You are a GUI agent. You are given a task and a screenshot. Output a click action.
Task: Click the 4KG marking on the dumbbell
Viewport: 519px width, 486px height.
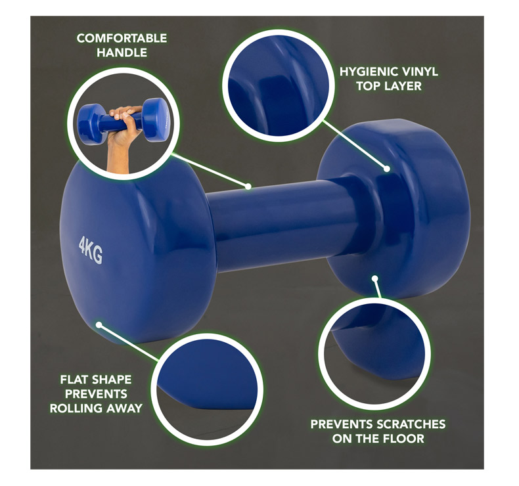(x=91, y=250)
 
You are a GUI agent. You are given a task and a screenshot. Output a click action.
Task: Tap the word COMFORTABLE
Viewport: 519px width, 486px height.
(x=122, y=38)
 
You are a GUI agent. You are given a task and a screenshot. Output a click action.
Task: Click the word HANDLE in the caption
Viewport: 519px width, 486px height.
(x=122, y=53)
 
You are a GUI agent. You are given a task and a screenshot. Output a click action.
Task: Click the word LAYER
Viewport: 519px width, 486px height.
(x=403, y=86)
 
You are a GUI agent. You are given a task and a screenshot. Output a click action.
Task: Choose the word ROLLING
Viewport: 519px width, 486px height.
(x=76, y=409)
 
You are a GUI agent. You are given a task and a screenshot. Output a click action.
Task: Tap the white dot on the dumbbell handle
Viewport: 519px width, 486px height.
(x=248, y=187)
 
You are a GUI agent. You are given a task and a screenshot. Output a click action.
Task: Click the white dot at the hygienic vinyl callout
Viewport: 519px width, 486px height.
(x=386, y=169)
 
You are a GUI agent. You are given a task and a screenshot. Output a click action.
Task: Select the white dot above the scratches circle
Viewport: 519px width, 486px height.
(x=374, y=278)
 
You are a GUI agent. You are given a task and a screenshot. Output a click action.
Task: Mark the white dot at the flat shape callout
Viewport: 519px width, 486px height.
(x=99, y=325)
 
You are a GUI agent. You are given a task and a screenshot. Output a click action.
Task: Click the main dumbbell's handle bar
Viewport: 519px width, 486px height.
(x=284, y=225)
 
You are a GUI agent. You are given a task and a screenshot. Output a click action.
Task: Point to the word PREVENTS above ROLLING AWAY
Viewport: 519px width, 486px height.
(x=96, y=394)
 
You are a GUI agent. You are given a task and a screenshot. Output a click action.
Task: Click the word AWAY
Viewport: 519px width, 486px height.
(x=124, y=409)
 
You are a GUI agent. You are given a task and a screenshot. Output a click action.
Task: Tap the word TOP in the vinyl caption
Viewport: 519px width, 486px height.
(x=369, y=86)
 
